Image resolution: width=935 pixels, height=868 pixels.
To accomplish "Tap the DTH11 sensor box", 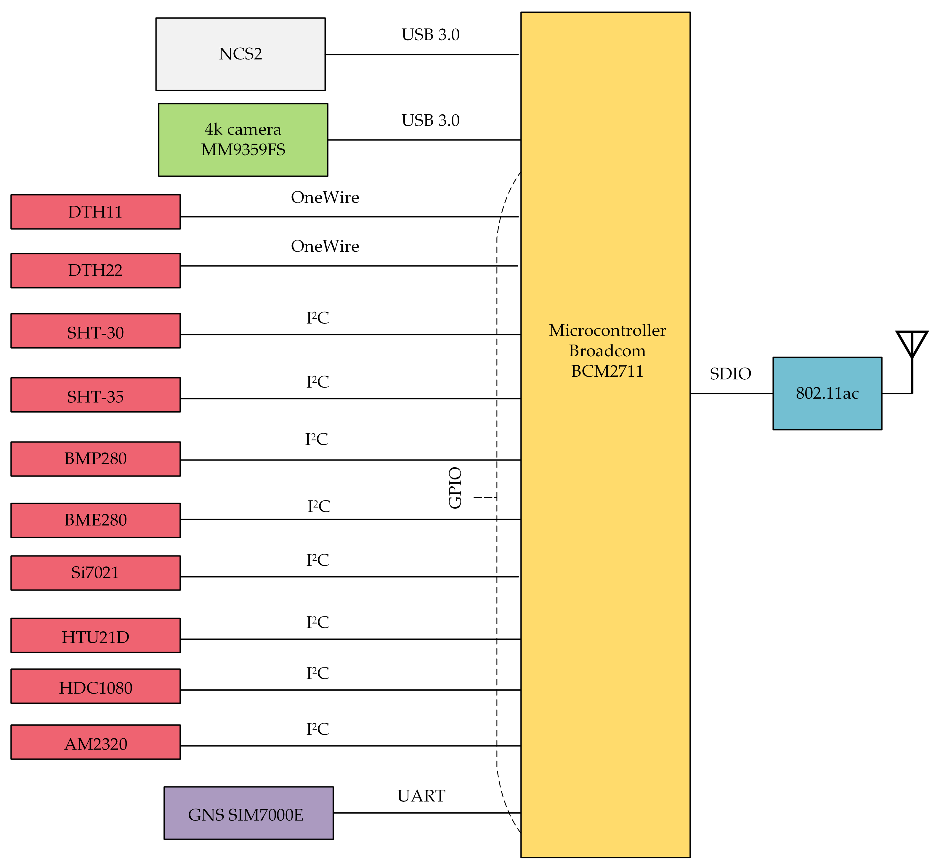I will (x=95, y=212).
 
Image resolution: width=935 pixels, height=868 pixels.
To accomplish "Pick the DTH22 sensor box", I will (x=95, y=271).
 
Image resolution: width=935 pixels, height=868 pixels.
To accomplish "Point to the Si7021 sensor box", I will (x=95, y=572).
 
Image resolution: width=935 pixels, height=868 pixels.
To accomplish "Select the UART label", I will (x=421, y=796).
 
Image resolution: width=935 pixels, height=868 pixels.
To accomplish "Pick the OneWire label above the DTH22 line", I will (x=325, y=246).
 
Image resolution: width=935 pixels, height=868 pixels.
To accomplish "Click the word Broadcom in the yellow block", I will (x=607, y=351).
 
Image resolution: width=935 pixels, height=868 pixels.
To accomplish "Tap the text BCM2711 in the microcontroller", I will (x=607, y=371).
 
